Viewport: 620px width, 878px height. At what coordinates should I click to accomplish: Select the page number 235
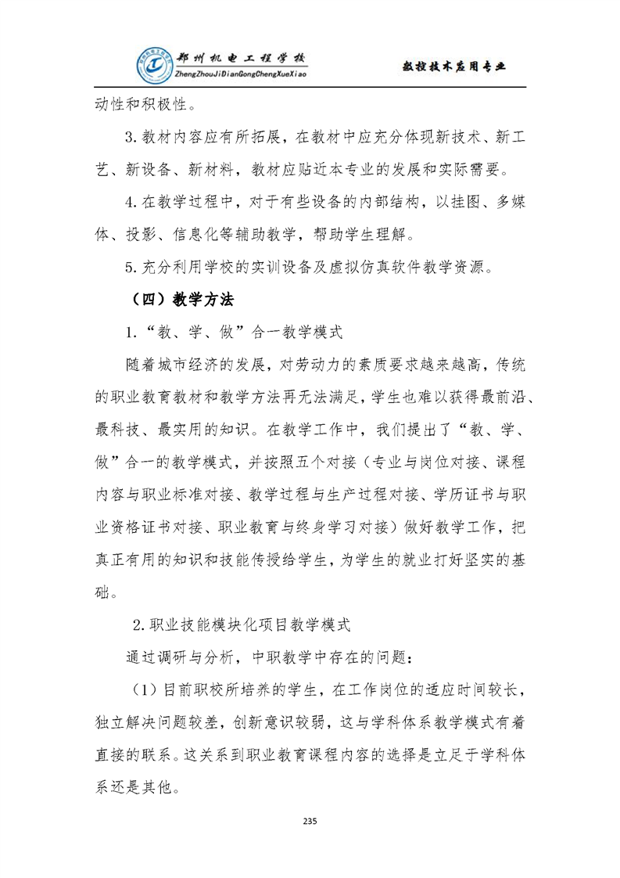tap(310, 821)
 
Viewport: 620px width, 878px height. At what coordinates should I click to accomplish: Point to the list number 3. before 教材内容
tap(131, 138)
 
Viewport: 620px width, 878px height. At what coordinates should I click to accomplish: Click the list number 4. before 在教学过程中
tap(131, 202)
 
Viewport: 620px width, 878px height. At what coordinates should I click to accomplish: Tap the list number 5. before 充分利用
tap(131, 266)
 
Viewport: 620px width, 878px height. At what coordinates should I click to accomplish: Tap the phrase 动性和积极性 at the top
tap(139, 103)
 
